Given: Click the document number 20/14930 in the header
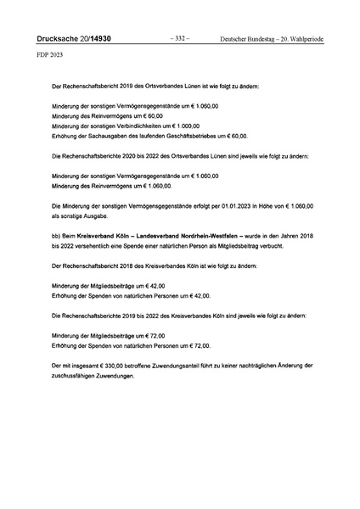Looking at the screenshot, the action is [x=87, y=38].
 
